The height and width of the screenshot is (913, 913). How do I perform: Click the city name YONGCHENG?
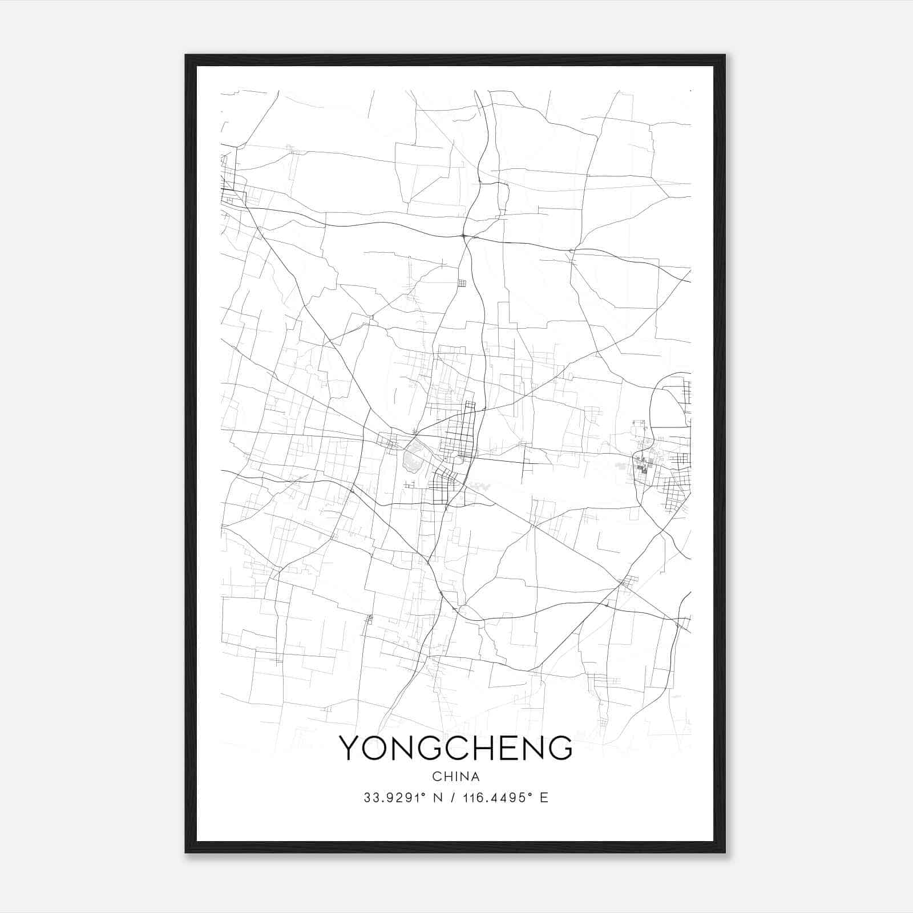455,748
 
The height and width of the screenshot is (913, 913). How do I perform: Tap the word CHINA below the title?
456,777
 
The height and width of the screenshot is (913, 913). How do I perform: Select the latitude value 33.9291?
391,798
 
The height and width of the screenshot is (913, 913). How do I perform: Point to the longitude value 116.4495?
491,798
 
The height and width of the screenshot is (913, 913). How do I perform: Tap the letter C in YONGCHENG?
471,748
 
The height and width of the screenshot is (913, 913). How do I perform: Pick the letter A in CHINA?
475,777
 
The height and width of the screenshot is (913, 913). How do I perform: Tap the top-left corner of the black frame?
187,56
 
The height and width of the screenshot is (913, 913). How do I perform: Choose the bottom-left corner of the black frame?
187,851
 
